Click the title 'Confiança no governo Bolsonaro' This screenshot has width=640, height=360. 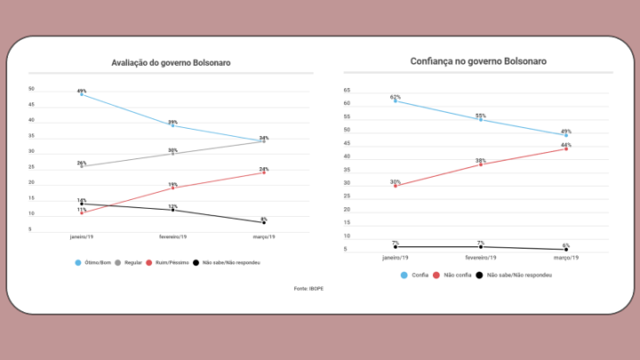pyautogui.click(x=479, y=61)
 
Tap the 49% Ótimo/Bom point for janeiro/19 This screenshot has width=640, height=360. pyautogui.click(x=82, y=93)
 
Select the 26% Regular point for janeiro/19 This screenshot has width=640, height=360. pyautogui.click(x=82, y=166)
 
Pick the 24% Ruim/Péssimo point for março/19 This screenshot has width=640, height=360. pyautogui.click(x=264, y=172)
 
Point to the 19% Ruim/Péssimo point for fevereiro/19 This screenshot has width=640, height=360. pyautogui.click(x=172, y=188)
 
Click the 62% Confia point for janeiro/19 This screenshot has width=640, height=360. pyautogui.click(x=395, y=100)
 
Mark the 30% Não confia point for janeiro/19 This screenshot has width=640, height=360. pyautogui.click(x=395, y=186)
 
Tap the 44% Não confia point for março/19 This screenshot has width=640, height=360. pyautogui.click(x=566, y=148)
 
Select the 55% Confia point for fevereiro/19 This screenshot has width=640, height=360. pyautogui.click(x=481, y=119)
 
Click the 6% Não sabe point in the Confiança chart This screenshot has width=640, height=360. pyautogui.click(x=566, y=249)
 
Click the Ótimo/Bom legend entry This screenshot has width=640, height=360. pyautogui.click(x=93, y=263)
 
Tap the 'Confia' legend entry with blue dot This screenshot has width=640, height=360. pyautogui.click(x=412, y=276)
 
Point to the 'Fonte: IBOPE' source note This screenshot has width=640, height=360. pyautogui.click(x=309, y=289)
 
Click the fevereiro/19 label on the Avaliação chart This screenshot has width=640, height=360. pyautogui.click(x=172, y=238)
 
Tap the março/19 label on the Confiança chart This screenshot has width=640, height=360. pyautogui.click(x=566, y=257)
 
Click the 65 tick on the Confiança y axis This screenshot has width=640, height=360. pyautogui.click(x=347, y=91)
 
